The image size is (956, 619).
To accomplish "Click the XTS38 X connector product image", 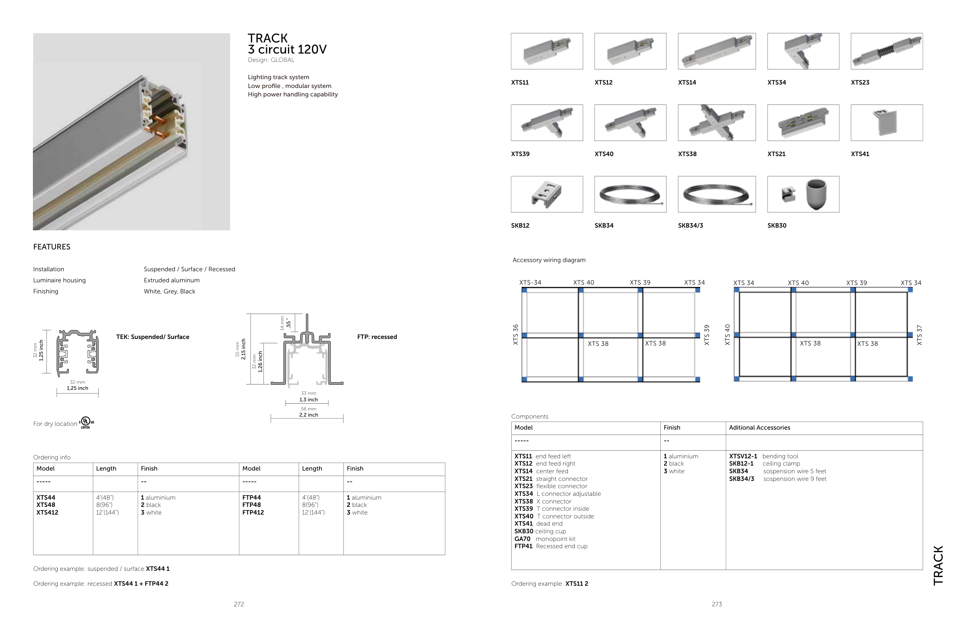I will tap(717, 122).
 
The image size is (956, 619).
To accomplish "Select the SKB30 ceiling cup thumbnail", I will tap(803, 194).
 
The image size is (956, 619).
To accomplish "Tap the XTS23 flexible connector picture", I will tap(886, 51).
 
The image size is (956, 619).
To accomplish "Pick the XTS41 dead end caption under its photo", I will tap(860, 154).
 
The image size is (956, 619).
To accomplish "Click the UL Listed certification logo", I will tap(86, 422).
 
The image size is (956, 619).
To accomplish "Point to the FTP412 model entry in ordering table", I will tap(253, 513).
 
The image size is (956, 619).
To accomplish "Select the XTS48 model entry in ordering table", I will tap(46, 505).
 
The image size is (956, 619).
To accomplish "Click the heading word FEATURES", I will tap(52, 247).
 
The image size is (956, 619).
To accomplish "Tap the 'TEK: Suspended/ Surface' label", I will tap(153, 337).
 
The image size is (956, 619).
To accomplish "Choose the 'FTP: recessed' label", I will tap(377, 337).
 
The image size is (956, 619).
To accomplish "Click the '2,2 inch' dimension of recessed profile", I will tap(309, 415).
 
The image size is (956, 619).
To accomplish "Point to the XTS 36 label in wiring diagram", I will tap(516, 334).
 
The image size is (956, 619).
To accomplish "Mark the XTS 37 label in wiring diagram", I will tap(919, 335).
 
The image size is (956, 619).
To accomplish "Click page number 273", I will tap(717, 604).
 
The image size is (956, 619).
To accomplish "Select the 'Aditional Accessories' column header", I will tap(759, 428).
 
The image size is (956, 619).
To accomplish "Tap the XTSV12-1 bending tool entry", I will tap(763, 456).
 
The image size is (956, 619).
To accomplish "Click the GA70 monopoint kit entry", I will tap(545, 539).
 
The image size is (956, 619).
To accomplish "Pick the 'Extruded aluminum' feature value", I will tap(172, 280).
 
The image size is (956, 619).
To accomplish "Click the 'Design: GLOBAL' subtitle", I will tap(271, 60).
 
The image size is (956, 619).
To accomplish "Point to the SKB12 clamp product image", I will tap(547, 194).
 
